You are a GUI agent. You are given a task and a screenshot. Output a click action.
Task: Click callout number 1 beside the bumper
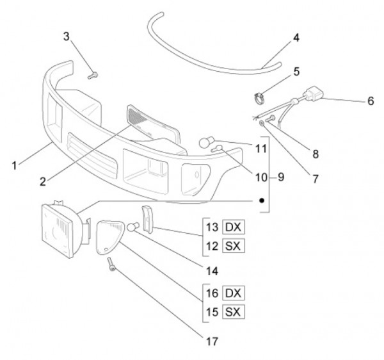click(15, 165)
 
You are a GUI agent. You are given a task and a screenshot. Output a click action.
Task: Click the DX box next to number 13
click(234, 227)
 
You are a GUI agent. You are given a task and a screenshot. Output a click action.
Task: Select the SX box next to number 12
click(234, 246)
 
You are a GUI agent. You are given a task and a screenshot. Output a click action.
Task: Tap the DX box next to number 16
click(234, 293)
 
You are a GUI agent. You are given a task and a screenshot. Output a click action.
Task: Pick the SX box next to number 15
click(234, 312)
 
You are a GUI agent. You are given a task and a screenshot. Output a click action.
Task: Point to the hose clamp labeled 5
click(261, 99)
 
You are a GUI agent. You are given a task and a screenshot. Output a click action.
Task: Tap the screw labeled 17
click(113, 263)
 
